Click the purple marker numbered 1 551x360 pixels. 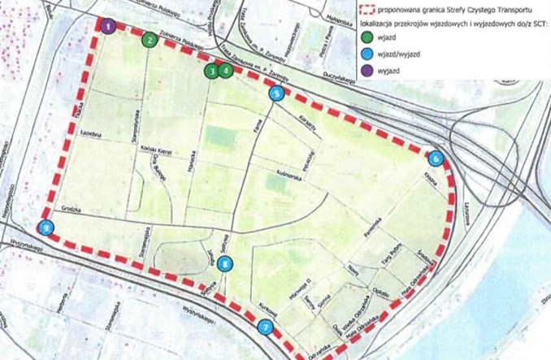109,26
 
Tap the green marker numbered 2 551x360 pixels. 149,38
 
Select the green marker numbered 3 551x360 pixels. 211,71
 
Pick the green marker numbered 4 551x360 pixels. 225,70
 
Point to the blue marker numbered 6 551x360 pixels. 436,158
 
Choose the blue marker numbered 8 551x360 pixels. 225,262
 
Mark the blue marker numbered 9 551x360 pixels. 47,228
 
